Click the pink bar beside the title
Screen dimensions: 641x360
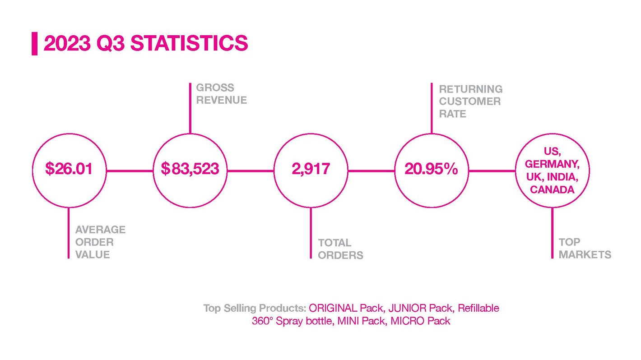coord(34,43)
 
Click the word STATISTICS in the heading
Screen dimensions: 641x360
coord(189,43)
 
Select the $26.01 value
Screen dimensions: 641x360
coord(69,168)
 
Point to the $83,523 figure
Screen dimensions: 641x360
coord(190,168)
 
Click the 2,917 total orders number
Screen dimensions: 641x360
coord(311,169)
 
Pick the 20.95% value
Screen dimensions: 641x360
coord(431,169)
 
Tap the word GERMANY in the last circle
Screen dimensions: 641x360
coord(552,164)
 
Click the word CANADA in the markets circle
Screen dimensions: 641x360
coord(552,189)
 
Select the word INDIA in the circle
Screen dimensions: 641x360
coord(562,177)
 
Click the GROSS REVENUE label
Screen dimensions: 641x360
coord(222,94)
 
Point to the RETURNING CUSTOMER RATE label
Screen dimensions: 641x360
coord(471,102)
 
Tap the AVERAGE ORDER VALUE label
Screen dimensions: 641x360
coord(101,242)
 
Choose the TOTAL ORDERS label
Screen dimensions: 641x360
coord(340,249)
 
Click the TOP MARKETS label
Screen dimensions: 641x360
coord(585,248)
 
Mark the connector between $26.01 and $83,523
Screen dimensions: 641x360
coord(130,171)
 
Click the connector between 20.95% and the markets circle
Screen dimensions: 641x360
coord(492,171)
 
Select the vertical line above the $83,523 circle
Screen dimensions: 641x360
coord(190,108)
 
